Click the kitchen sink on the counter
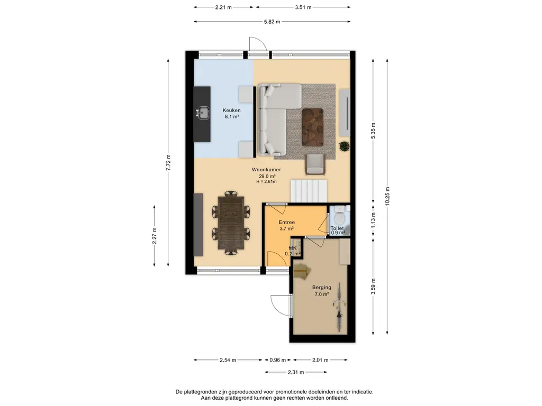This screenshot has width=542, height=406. (x=203, y=112)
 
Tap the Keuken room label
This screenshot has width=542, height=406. (x=232, y=110)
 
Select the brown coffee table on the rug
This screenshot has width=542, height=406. (x=312, y=127)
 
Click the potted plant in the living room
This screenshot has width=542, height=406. (x=344, y=146)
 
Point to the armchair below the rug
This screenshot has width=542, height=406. (x=315, y=164)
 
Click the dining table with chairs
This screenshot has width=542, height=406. (x=231, y=223)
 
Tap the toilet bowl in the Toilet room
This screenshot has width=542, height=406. (x=340, y=216)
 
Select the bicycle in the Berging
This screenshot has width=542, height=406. (x=339, y=307)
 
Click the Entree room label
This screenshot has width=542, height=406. (x=286, y=223)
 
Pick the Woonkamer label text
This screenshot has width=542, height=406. (x=266, y=170)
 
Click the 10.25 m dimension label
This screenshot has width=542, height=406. (x=387, y=197)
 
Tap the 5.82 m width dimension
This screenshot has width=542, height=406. (x=272, y=21)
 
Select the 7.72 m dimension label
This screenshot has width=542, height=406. (x=168, y=163)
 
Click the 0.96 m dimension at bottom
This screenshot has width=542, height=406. (x=277, y=360)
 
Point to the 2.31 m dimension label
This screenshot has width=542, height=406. (x=295, y=372)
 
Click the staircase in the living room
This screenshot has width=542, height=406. (x=309, y=190)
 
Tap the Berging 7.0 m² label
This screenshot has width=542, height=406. (x=321, y=291)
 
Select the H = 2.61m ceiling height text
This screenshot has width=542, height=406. (x=266, y=182)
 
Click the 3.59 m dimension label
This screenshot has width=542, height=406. (x=373, y=287)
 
